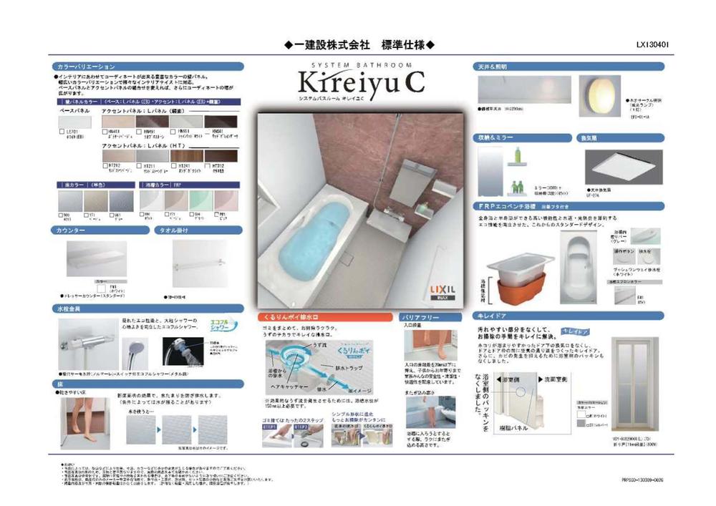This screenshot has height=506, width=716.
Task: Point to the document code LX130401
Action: point(652,44)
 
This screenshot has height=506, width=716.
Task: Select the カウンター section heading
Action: point(69,230)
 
